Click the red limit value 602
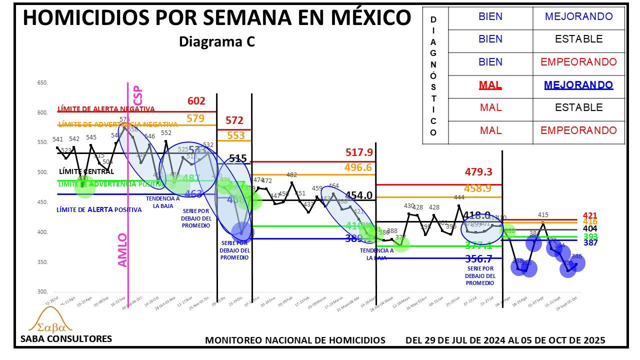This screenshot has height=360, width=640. click(196, 101)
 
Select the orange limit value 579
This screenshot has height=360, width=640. click(195, 118)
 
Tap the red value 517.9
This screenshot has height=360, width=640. click(359, 152)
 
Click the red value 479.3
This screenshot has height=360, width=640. click(478, 172)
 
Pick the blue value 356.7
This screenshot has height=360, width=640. click(478, 258)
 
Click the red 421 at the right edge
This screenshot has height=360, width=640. click(590, 216)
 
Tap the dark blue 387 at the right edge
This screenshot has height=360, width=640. click(590, 242)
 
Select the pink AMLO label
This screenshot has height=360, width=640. click(122, 250)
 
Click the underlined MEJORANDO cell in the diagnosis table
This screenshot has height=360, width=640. click(578, 84)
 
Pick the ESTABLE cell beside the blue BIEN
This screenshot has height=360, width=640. click(578, 39)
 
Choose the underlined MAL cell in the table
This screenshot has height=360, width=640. click(490, 84)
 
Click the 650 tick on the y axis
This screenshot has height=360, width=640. click(42, 83)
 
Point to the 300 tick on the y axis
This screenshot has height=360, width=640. click(42, 292)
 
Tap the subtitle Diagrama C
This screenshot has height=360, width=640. click(217, 42)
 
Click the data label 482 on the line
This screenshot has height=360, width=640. click(291, 175)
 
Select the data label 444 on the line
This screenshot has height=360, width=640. click(459, 197)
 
